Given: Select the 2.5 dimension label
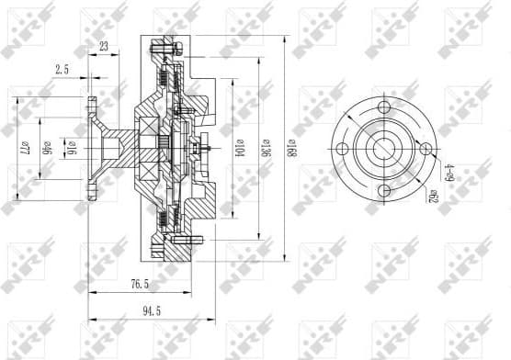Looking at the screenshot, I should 62,69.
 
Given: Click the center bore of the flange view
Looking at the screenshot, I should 380,149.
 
